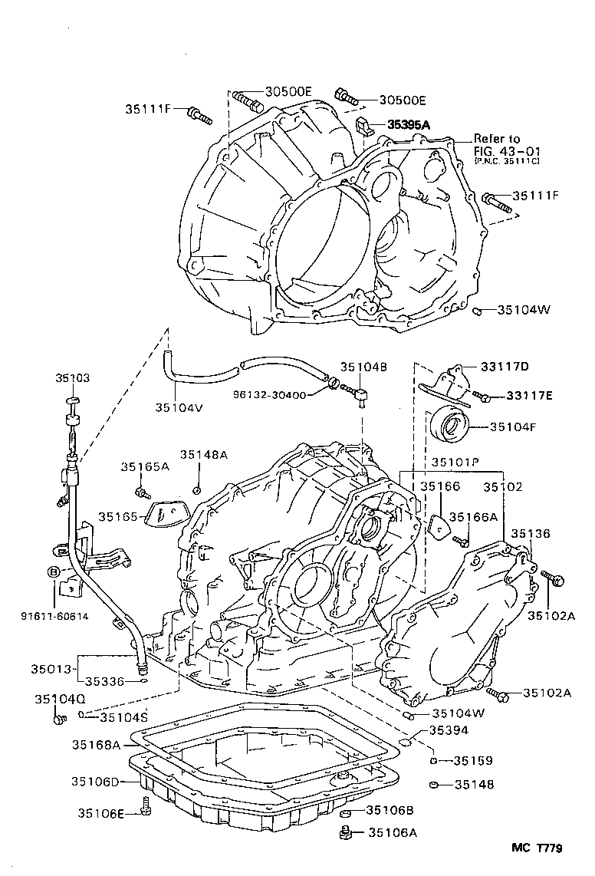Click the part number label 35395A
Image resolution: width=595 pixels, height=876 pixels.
tap(409, 124)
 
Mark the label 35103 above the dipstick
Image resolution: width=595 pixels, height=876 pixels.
tap(72, 378)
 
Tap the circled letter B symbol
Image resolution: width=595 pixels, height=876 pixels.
tap(53, 571)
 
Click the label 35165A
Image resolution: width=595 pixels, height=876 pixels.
tap(144, 466)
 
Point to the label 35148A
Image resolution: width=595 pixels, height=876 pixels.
tap(204, 454)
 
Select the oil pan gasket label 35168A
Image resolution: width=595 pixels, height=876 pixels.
tap(96, 744)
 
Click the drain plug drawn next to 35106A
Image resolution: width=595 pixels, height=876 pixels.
tap(346, 832)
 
